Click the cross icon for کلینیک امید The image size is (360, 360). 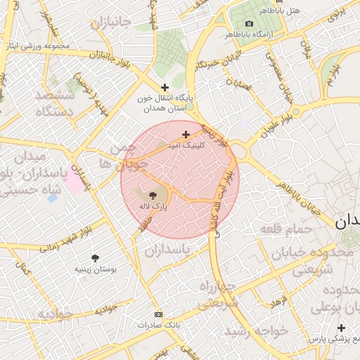[x=186, y=134]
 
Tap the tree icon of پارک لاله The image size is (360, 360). [x=153, y=195]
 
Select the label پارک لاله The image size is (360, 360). [x=154, y=207]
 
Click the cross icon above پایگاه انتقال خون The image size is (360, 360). [x=165, y=88]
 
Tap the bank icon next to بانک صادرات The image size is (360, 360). [x=157, y=314]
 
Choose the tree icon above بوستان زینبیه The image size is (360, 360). [x=96, y=257]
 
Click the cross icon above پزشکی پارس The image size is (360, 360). [x=341, y=328]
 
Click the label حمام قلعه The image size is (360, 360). [x=288, y=229]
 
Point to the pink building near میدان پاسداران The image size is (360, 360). [x=74, y=182]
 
